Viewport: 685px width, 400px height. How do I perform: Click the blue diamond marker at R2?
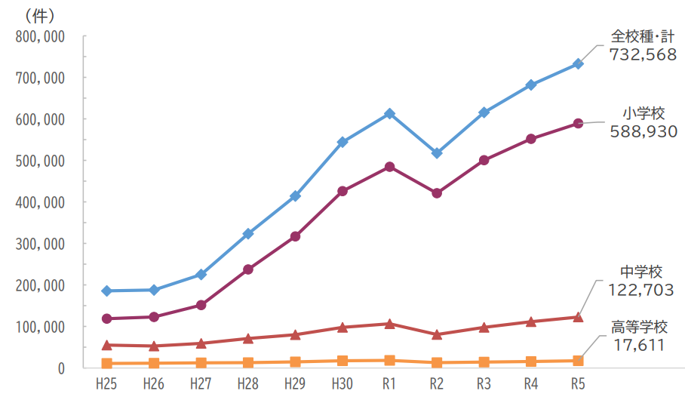[436, 153]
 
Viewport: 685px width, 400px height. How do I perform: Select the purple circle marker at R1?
[389, 167]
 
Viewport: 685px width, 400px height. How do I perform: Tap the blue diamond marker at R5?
[578, 64]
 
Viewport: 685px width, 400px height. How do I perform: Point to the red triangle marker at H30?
[342, 328]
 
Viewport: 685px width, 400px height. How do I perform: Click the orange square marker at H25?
[106, 364]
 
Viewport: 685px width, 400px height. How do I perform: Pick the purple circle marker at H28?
[248, 269]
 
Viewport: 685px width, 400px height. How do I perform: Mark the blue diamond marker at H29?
[295, 196]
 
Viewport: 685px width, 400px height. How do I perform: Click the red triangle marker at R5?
[578, 317]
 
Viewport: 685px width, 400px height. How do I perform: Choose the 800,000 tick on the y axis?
[40, 36]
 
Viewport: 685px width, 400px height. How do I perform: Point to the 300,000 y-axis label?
[40, 244]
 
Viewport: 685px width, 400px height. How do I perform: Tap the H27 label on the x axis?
[201, 384]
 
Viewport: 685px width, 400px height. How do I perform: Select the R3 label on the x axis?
[484, 384]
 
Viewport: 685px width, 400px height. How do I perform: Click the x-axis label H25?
[106, 384]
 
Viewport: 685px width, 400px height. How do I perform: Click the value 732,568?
[643, 54]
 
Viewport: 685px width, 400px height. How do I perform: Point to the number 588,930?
[643, 131]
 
